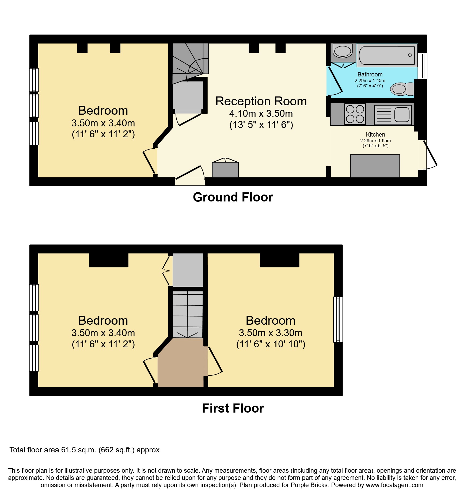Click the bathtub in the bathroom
pyautogui.click(x=387, y=55)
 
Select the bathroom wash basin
pyautogui.click(x=343, y=51)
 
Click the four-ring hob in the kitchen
pyautogui.click(x=355, y=114)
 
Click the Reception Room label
pyautogui.click(x=261, y=101)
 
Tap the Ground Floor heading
pyautogui.click(x=233, y=197)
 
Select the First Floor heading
pyautogui.click(x=233, y=408)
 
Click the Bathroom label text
pyautogui.click(x=370, y=74)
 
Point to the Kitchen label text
pyautogui.click(x=375, y=134)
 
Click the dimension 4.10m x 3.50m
pyautogui.click(x=261, y=114)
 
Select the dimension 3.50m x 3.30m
pyautogui.click(x=271, y=333)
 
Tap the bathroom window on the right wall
pyautogui.click(x=423, y=66)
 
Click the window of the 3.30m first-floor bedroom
pyautogui.click(x=338, y=320)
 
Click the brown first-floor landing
pyautogui.click(x=181, y=363)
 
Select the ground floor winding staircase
pyautogui.click(x=190, y=63)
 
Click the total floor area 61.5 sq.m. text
pyautogui.click(x=85, y=450)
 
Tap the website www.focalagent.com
pyautogui.click(x=394, y=485)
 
